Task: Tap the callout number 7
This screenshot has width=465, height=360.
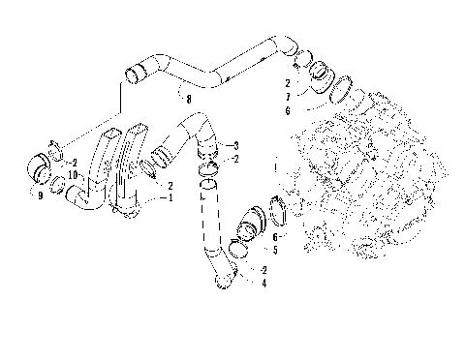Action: (x=287, y=98)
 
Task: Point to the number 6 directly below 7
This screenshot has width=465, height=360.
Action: (x=287, y=110)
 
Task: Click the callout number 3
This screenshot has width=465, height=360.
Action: (x=235, y=145)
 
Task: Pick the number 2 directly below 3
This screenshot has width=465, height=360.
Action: (x=235, y=158)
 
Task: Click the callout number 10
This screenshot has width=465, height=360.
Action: (x=74, y=174)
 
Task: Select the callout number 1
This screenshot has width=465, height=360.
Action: (x=171, y=197)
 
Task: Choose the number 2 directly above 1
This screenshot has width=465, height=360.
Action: (x=170, y=184)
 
